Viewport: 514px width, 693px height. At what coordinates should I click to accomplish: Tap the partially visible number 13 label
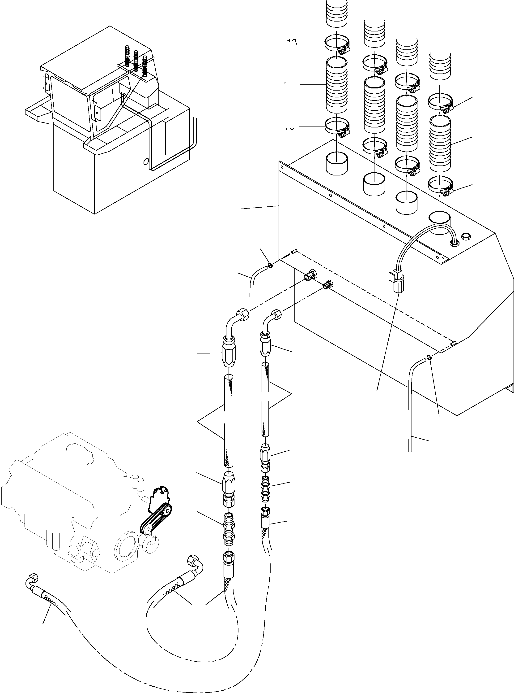[x=292, y=42]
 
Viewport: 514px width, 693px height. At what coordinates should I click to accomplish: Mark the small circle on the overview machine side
[x=145, y=162]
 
